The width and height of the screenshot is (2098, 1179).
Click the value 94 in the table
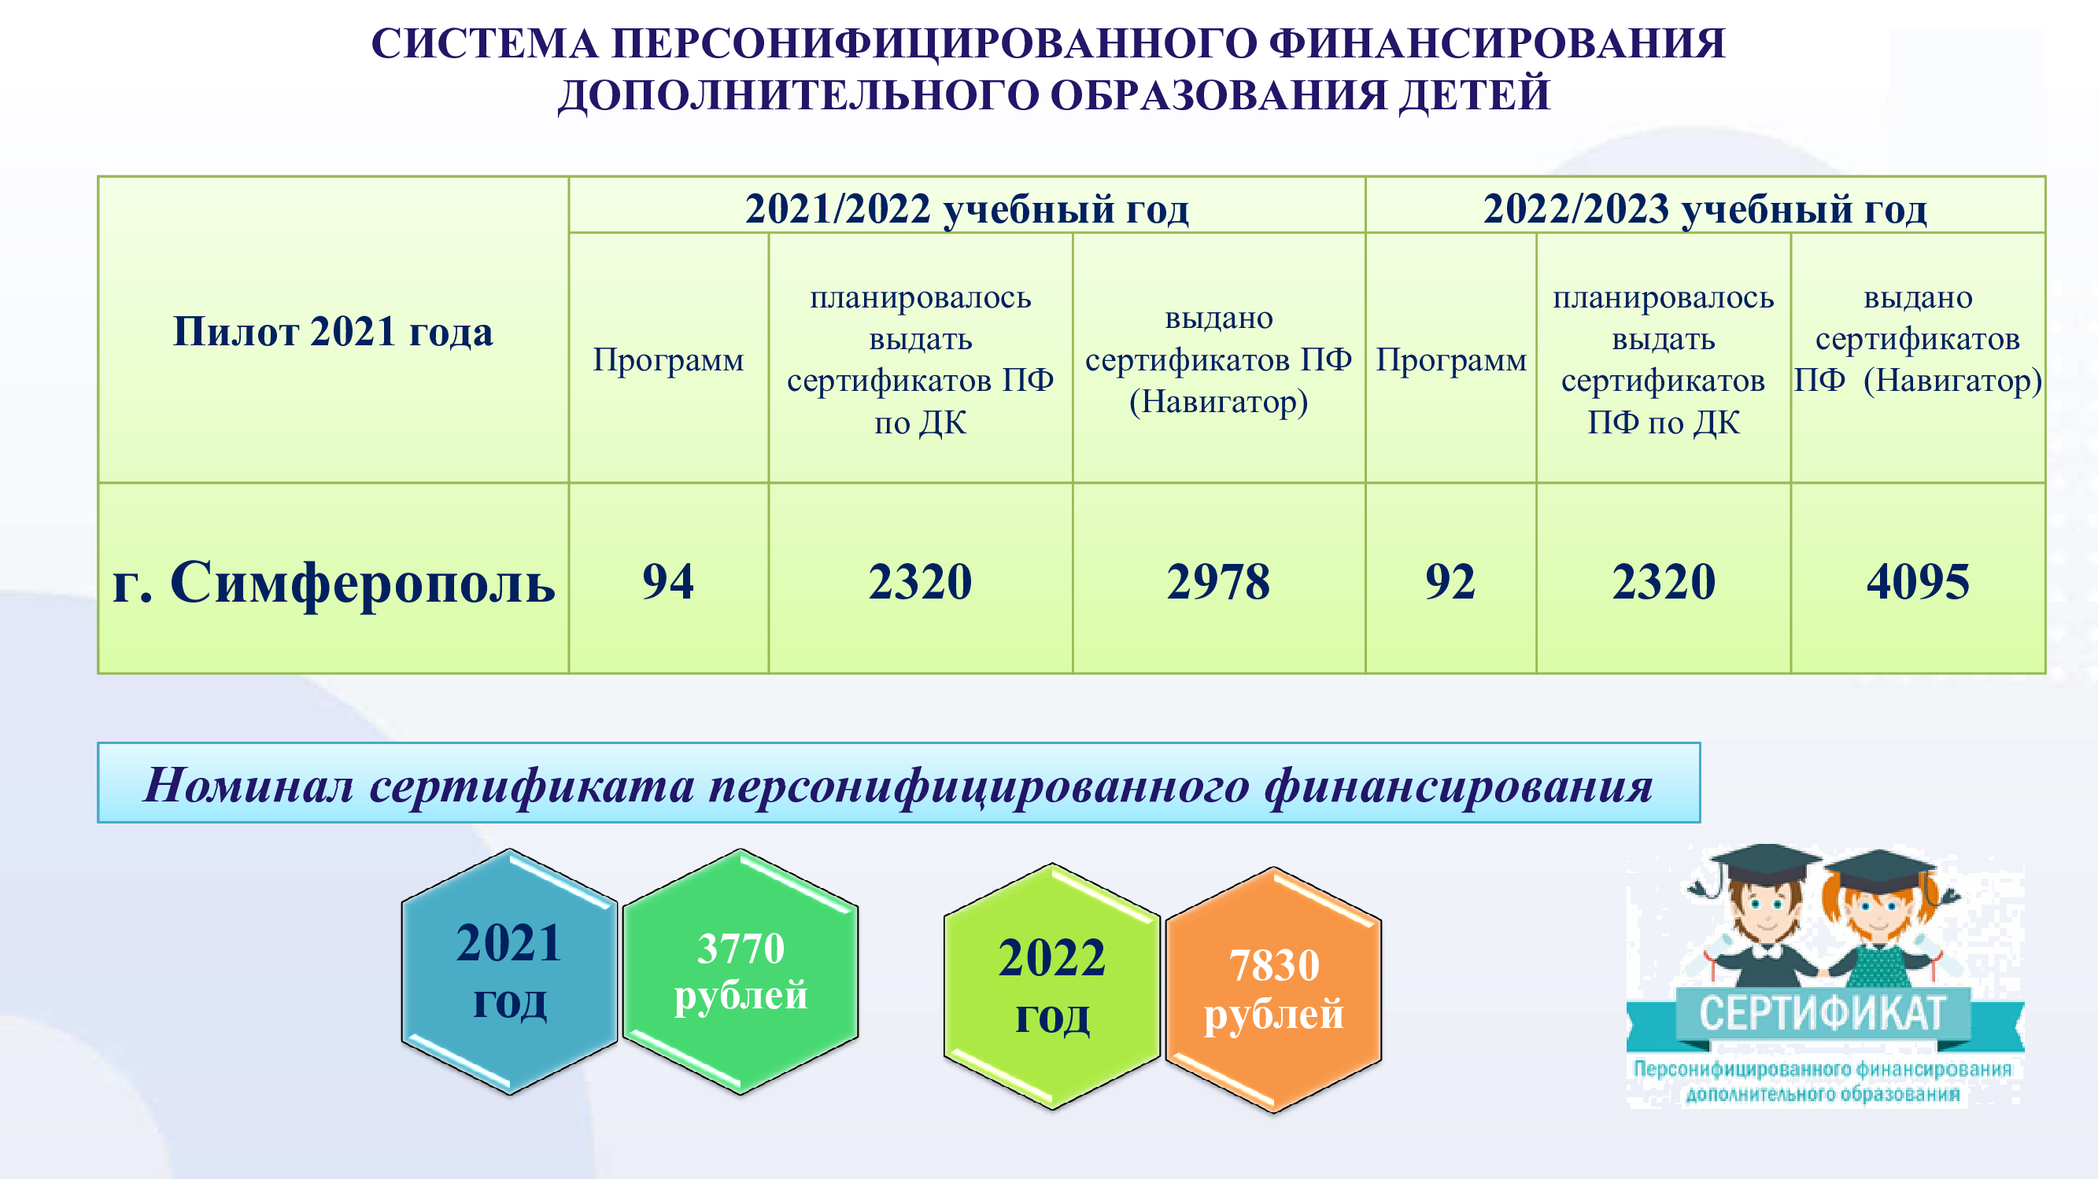click(668, 581)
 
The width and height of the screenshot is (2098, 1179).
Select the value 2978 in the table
click(1218, 581)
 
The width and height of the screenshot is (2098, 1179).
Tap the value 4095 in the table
click(1918, 581)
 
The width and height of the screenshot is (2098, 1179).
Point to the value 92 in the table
click(1450, 581)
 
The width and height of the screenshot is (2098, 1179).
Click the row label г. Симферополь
click(334, 583)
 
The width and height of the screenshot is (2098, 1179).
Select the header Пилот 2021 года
click(333, 331)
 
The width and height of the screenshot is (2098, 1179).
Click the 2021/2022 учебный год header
click(966, 209)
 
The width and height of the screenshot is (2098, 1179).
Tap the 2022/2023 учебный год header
click(1705, 209)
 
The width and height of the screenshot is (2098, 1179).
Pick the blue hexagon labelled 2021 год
click(510, 971)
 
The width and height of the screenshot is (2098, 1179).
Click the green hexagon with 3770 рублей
click(741, 971)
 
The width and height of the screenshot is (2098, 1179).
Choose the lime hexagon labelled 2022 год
click(1052, 986)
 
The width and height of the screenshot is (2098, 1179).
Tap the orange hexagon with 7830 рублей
click(1274, 989)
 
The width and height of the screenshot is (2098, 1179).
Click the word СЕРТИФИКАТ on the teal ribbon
click(1822, 1014)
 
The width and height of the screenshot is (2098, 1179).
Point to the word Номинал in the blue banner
click(249, 785)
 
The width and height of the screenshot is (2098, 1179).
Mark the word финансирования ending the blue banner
click(1459, 787)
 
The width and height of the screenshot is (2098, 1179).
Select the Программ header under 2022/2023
click(1451, 360)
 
